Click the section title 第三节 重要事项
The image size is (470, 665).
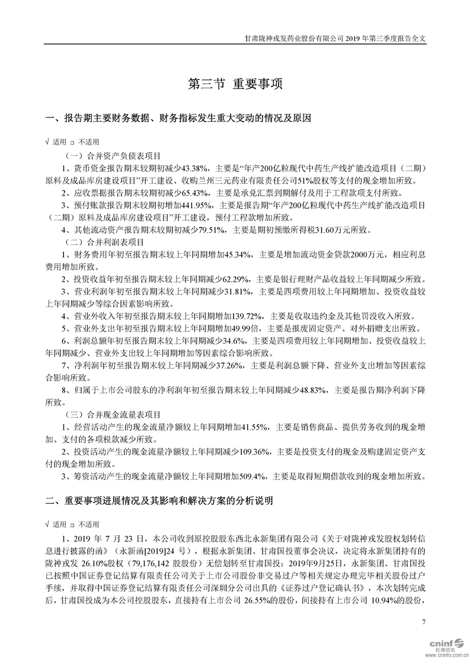[x=235, y=84]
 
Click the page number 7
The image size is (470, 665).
[x=423, y=621]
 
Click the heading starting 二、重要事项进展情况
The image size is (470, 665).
[x=159, y=501]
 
